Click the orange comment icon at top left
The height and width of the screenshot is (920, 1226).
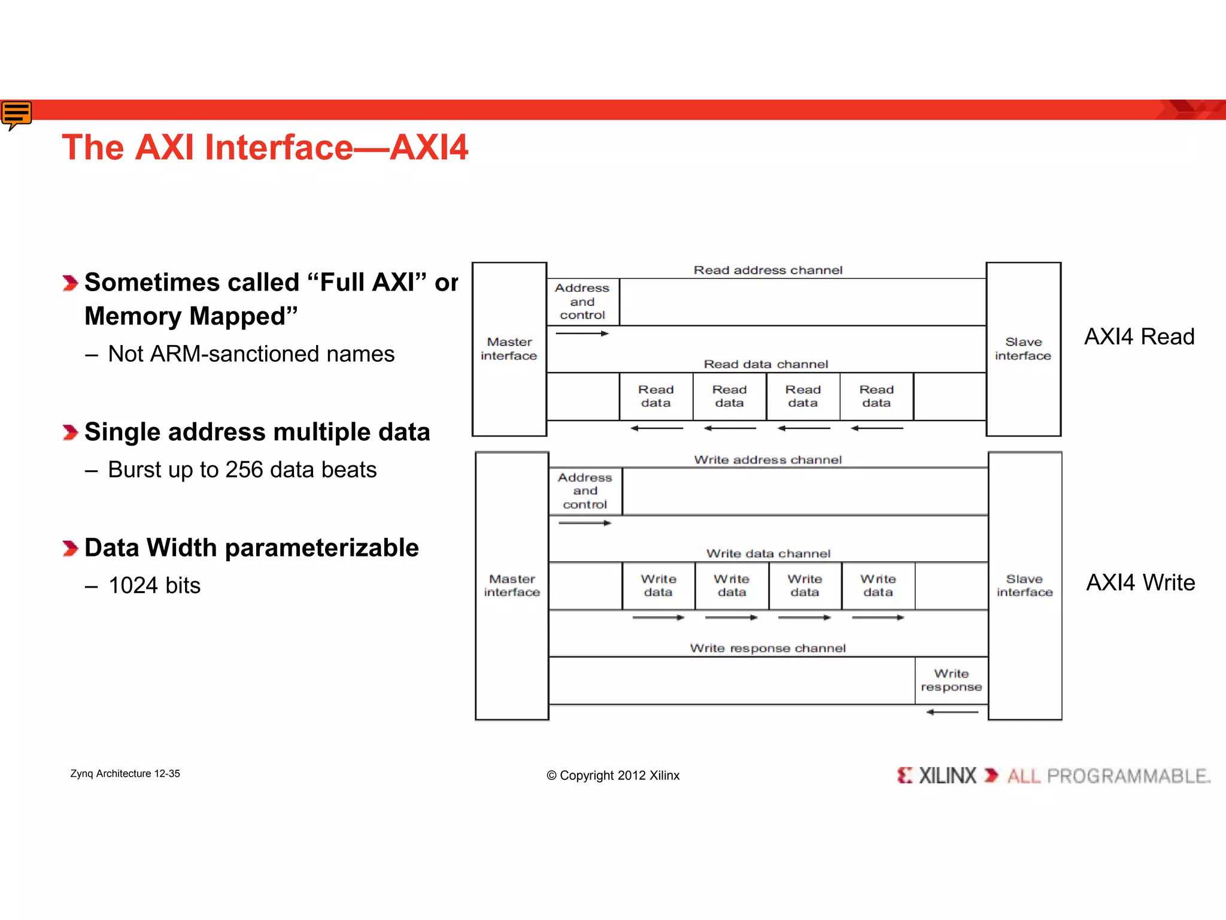(16, 114)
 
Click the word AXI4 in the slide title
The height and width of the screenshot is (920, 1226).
(429, 147)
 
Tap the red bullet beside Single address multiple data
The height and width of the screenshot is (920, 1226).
(70, 432)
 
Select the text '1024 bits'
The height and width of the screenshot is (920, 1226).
(154, 585)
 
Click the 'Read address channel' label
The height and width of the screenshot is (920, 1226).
(767, 270)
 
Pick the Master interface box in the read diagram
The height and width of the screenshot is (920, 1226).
(509, 349)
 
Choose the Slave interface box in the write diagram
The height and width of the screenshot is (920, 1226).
(1024, 585)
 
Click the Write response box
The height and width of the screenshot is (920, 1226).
(951, 680)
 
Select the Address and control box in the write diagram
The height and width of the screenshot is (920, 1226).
(585, 491)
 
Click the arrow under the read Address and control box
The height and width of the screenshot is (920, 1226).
(582, 334)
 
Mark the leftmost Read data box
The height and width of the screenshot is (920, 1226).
(656, 397)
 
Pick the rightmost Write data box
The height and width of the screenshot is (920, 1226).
(878, 586)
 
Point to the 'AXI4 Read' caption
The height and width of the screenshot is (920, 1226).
(1139, 337)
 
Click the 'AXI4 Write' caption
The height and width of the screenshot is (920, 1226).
(1140, 582)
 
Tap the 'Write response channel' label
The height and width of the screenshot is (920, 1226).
(767, 648)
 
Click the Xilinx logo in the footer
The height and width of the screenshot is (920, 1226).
(937, 776)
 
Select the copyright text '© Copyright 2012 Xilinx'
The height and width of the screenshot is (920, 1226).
(613, 776)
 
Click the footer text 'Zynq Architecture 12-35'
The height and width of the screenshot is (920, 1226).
(125, 774)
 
